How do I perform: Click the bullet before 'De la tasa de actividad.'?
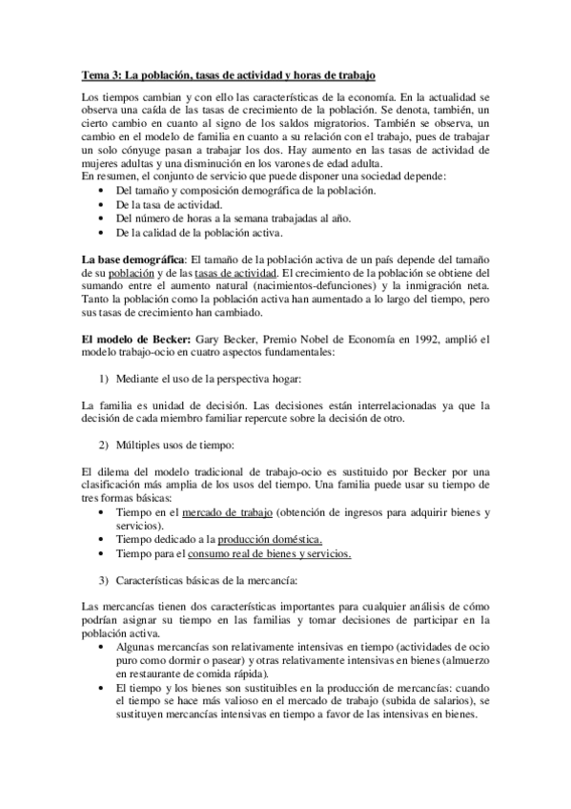point(102,204)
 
